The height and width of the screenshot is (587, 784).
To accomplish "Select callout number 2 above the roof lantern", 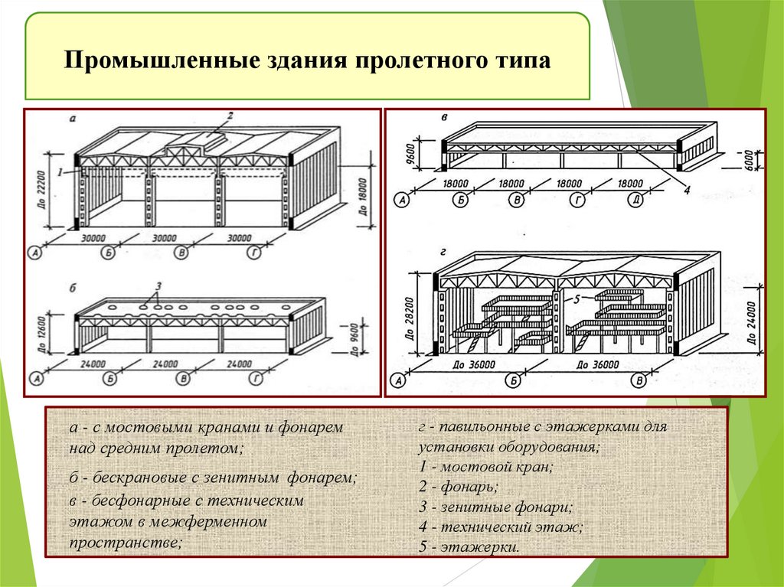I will (228, 116).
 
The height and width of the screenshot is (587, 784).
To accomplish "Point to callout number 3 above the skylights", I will (157, 287).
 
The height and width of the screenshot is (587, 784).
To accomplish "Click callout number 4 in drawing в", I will (686, 191).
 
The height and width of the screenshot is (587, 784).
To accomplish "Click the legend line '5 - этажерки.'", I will (469, 546).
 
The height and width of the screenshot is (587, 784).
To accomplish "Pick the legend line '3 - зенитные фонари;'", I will (495, 507).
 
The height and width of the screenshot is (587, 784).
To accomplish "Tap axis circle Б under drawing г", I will (514, 379).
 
